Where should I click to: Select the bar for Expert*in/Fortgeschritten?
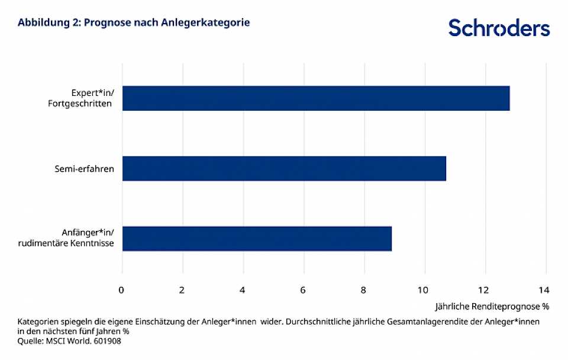(315, 98)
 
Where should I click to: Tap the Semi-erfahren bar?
(284, 168)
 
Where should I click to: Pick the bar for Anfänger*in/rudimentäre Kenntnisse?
(257, 239)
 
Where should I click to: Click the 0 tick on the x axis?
(121, 290)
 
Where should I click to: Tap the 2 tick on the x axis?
(182, 290)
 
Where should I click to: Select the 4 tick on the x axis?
(243, 290)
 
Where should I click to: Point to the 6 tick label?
(304, 290)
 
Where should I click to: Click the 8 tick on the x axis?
(364, 290)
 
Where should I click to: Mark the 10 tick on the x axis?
(423, 290)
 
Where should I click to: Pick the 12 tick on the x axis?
(484, 290)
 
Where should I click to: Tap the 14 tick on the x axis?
(544, 290)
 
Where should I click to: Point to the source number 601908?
(106, 340)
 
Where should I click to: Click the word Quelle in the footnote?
(30, 340)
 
